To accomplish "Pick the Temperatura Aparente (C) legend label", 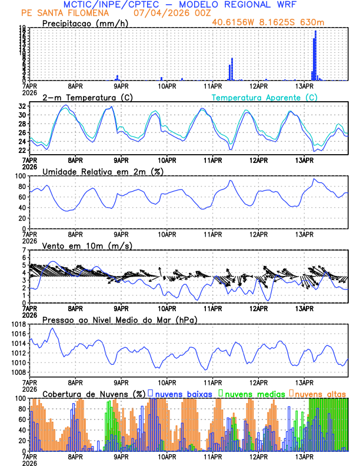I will click(x=264, y=96).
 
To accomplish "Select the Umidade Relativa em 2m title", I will click(x=103, y=171).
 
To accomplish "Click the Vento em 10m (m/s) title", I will click(x=87, y=245).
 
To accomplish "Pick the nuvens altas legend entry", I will click(x=319, y=393).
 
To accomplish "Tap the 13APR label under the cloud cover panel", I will click(x=304, y=456).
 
